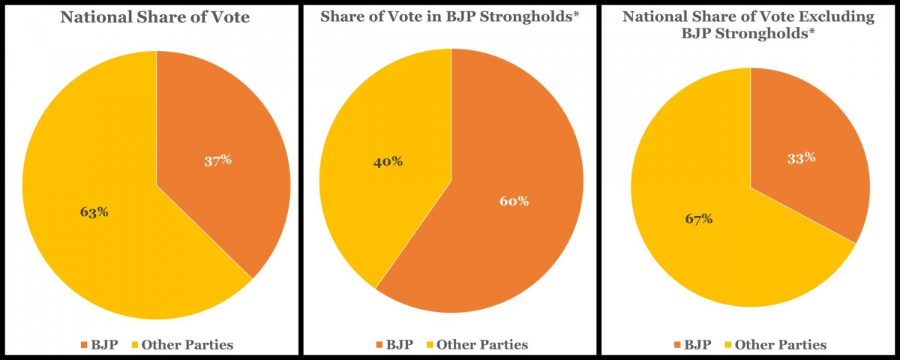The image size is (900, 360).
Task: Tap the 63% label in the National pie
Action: tap(94, 211)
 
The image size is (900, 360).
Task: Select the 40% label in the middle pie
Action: tap(388, 161)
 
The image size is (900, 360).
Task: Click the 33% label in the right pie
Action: tap(801, 158)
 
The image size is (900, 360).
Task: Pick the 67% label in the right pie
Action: tap(698, 219)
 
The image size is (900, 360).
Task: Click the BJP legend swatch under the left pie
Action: tap(83, 345)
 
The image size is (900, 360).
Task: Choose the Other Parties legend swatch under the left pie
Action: tap(136, 345)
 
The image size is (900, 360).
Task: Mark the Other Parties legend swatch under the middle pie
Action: tap(430, 345)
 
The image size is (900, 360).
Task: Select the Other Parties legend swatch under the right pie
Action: tap(729, 345)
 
